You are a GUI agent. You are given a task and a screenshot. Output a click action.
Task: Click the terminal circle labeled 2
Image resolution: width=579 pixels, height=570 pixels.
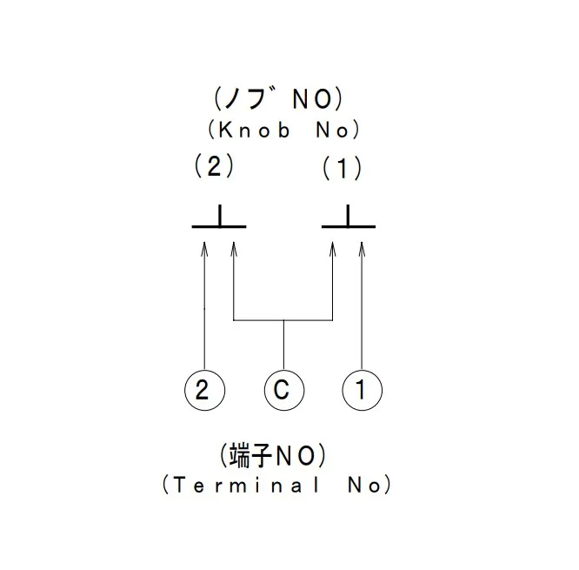[x=204, y=389]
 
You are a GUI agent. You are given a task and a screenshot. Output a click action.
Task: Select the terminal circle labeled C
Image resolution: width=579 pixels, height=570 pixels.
[x=283, y=389]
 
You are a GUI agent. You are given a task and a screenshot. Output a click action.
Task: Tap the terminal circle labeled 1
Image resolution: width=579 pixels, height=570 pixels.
[x=362, y=389]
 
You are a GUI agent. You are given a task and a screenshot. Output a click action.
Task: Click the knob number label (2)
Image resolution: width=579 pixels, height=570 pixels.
[x=215, y=167]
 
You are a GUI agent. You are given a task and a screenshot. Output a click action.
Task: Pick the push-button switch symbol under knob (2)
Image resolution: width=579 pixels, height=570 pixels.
[x=219, y=221]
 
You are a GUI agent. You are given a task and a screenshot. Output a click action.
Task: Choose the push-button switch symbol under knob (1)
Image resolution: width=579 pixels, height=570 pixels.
[x=349, y=221]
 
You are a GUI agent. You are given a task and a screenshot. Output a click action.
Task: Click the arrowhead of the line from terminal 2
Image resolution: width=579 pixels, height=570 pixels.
[x=204, y=250]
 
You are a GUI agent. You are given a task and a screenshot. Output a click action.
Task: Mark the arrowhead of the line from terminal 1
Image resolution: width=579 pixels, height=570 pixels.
[x=362, y=250]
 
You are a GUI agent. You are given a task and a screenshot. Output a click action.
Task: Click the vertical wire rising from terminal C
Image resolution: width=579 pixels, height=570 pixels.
[x=283, y=345]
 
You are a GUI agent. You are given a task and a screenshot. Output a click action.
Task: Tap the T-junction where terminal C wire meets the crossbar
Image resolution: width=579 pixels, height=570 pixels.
[x=283, y=321]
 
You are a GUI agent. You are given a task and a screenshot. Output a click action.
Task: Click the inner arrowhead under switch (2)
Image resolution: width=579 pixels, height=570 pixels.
[x=233, y=250]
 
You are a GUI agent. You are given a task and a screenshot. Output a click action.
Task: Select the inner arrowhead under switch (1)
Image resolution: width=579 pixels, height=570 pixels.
[x=333, y=250]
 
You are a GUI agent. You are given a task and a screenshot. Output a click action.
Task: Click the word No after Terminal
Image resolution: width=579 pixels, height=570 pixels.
[x=363, y=485]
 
